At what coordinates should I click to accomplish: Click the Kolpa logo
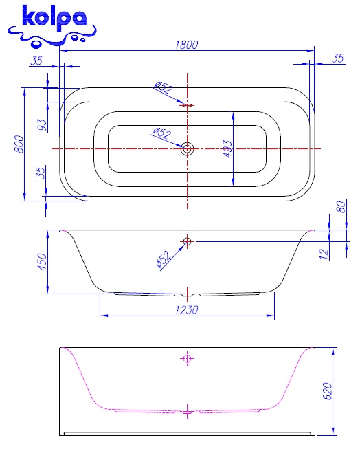[52, 26]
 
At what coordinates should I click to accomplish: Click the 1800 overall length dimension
[187, 45]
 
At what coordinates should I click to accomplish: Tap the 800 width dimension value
[19, 144]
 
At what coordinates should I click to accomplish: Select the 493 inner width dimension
[228, 148]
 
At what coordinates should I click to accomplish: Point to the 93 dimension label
[43, 125]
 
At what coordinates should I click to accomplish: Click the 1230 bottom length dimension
[187, 310]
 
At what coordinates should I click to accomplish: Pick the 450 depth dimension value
[43, 261]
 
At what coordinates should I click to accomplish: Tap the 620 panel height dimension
[327, 391]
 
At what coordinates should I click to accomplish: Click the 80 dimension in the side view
[341, 207]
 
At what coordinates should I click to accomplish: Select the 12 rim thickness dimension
[324, 254]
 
